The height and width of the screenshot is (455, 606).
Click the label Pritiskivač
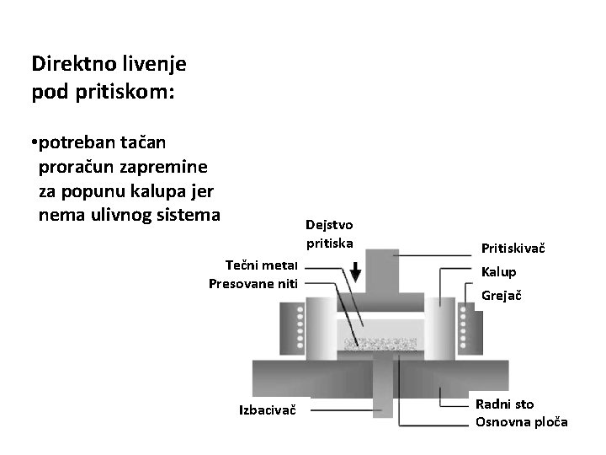(x=513, y=249)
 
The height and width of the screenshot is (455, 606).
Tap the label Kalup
(x=498, y=272)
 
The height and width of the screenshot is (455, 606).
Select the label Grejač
(x=501, y=296)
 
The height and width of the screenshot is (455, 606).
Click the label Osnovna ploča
(x=521, y=421)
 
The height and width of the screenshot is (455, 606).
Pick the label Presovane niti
(x=253, y=281)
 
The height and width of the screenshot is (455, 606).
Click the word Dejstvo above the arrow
(x=330, y=225)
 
